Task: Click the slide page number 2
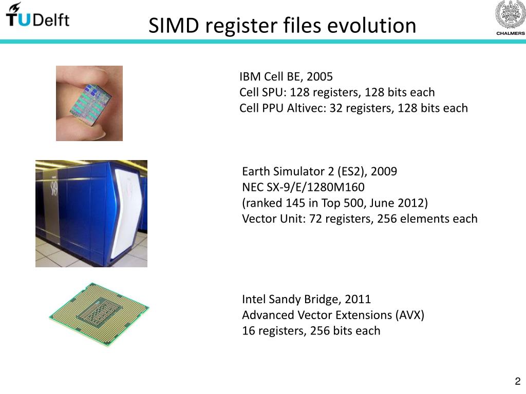pos(517,381)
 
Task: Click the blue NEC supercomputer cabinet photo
pos(91,213)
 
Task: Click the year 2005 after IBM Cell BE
pos(320,77)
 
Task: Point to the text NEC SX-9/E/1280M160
pos(303,187)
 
